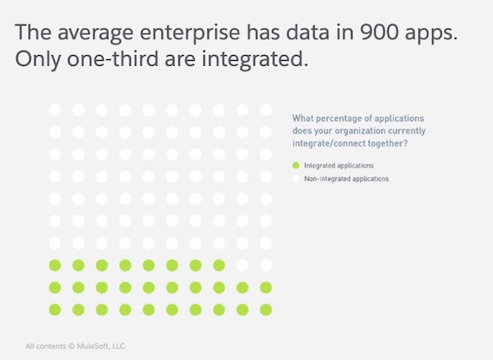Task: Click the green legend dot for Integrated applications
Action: tap(297, 165)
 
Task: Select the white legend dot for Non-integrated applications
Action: tap(297, 178)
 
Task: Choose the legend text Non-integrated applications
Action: tap(346, 178)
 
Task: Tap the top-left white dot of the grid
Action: tap(55, 109)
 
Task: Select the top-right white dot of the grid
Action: tap(265, 109)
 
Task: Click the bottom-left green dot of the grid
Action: tap(55, 309)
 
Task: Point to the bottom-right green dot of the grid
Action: tap(265, 309)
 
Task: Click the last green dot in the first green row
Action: tap(219, 265)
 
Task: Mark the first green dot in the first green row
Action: tap(55, 265)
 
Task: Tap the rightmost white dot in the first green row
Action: tap(265, 265)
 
